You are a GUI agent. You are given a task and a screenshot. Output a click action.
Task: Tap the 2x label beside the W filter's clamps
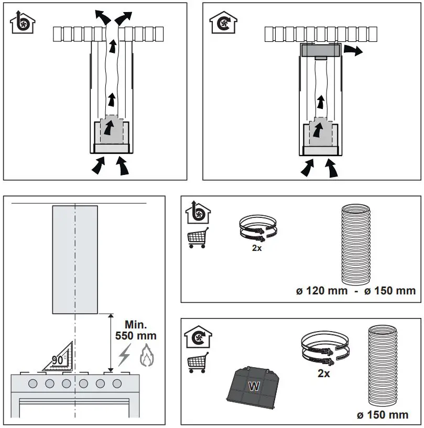(x=324, y=374)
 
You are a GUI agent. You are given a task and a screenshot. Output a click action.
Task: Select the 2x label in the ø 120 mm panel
(x=257, y=248)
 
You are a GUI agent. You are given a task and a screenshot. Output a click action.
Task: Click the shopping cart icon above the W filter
(x=198, y=362)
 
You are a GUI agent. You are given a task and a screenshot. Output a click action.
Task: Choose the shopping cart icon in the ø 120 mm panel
(x=198, y=238)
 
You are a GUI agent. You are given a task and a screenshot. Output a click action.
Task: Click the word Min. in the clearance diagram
(x=135, y=324)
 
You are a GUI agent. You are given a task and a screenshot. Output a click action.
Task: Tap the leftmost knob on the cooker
(x=33, y=383)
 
